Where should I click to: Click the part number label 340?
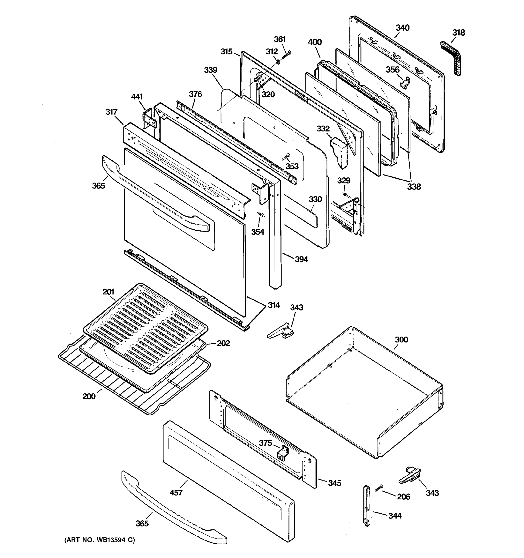[x=403, y=28]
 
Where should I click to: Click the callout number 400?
[x=315, y=42]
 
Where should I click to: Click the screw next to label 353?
[x=286, y=157]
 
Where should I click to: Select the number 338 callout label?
[x=414, y=187]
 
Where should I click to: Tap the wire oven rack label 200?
[x=89, y=396]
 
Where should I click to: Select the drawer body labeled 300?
[x=365, y=393]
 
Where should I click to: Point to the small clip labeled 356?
[x=405, y=81]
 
